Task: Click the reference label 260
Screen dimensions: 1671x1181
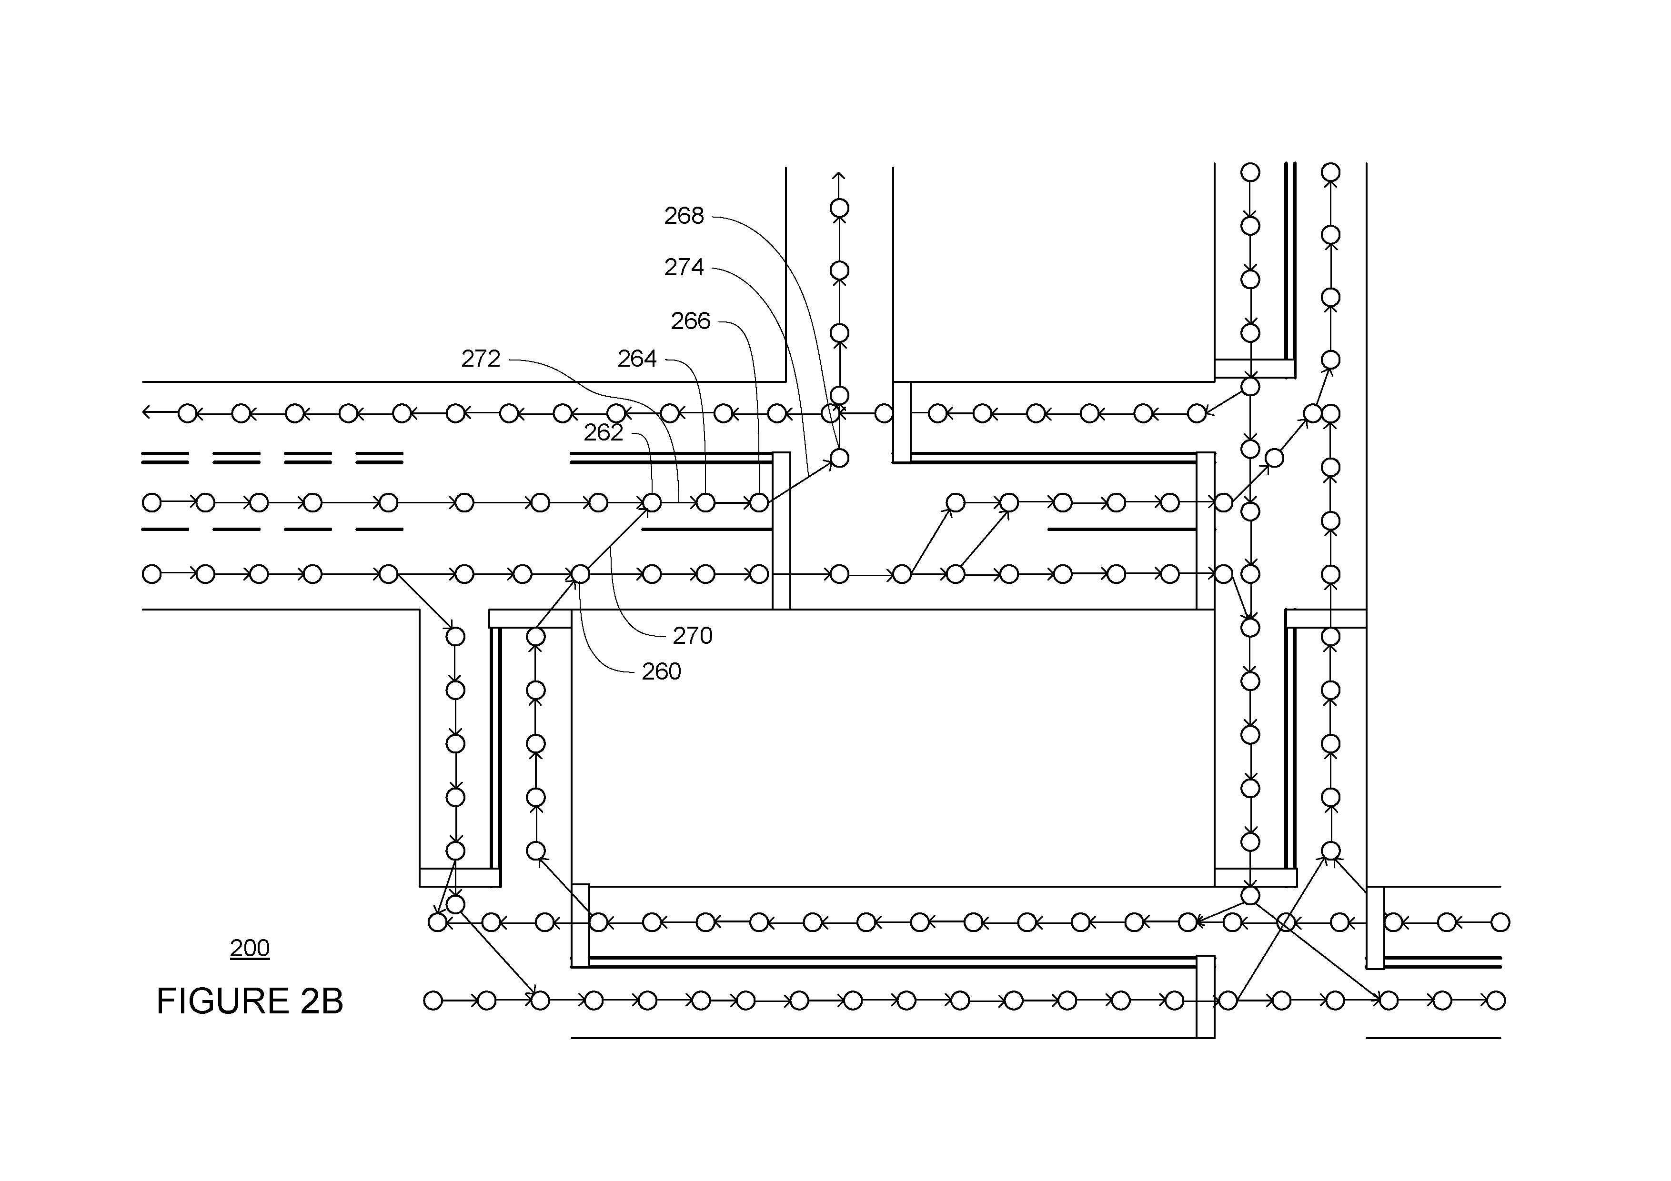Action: tap(661, 671)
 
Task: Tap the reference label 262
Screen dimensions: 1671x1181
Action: tap(604, 433)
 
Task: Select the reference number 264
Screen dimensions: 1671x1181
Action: tap(637, 359)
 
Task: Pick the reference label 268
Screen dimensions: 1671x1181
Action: tap(684, 216)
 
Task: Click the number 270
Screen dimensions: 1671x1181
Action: tap(692, 636)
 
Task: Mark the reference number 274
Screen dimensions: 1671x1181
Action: tap(684, 268)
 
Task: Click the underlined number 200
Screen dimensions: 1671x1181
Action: tap(250, 948)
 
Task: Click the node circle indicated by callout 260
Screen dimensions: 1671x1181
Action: tap(580, 574)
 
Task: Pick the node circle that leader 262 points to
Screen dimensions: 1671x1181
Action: tap(652, 503)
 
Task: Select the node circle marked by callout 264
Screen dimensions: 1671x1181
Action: tap(705, 503)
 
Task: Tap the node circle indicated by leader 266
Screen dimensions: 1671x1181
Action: tap(759, 503)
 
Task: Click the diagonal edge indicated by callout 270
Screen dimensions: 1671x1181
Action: tap(616, 539)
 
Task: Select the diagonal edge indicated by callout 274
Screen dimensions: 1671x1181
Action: tap(799, 480)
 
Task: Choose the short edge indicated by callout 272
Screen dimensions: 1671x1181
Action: tap(678, 503)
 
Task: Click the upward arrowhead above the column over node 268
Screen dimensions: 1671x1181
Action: tap(839, 177)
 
